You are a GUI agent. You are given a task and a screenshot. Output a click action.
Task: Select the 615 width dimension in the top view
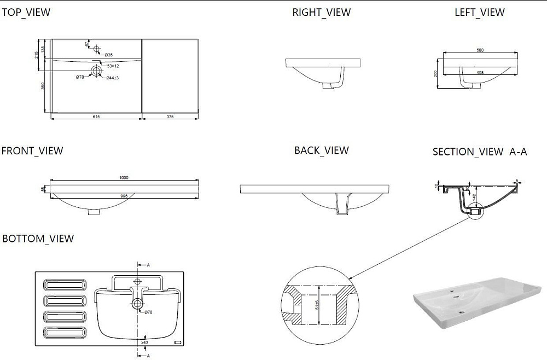96,117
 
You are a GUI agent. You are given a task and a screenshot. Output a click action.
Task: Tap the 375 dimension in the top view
170,117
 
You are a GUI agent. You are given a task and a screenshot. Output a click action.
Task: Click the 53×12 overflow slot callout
113,66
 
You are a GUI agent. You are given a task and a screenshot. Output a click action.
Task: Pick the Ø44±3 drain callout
113,78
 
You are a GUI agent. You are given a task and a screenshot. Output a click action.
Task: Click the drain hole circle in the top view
96,70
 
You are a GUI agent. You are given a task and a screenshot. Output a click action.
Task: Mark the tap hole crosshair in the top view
97,49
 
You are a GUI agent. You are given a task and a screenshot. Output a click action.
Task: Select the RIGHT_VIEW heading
321,12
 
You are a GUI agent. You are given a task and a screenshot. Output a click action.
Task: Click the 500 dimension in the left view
480,50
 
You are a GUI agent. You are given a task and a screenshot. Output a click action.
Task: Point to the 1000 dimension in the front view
124,177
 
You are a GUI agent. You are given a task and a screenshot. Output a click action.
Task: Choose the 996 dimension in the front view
124,196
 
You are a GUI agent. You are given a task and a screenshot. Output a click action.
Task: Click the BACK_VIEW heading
321,150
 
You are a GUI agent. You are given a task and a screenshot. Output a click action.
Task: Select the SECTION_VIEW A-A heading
479,152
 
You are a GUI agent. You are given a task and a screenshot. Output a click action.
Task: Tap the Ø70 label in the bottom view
148,312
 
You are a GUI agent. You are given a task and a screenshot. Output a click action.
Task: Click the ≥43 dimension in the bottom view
144,343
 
